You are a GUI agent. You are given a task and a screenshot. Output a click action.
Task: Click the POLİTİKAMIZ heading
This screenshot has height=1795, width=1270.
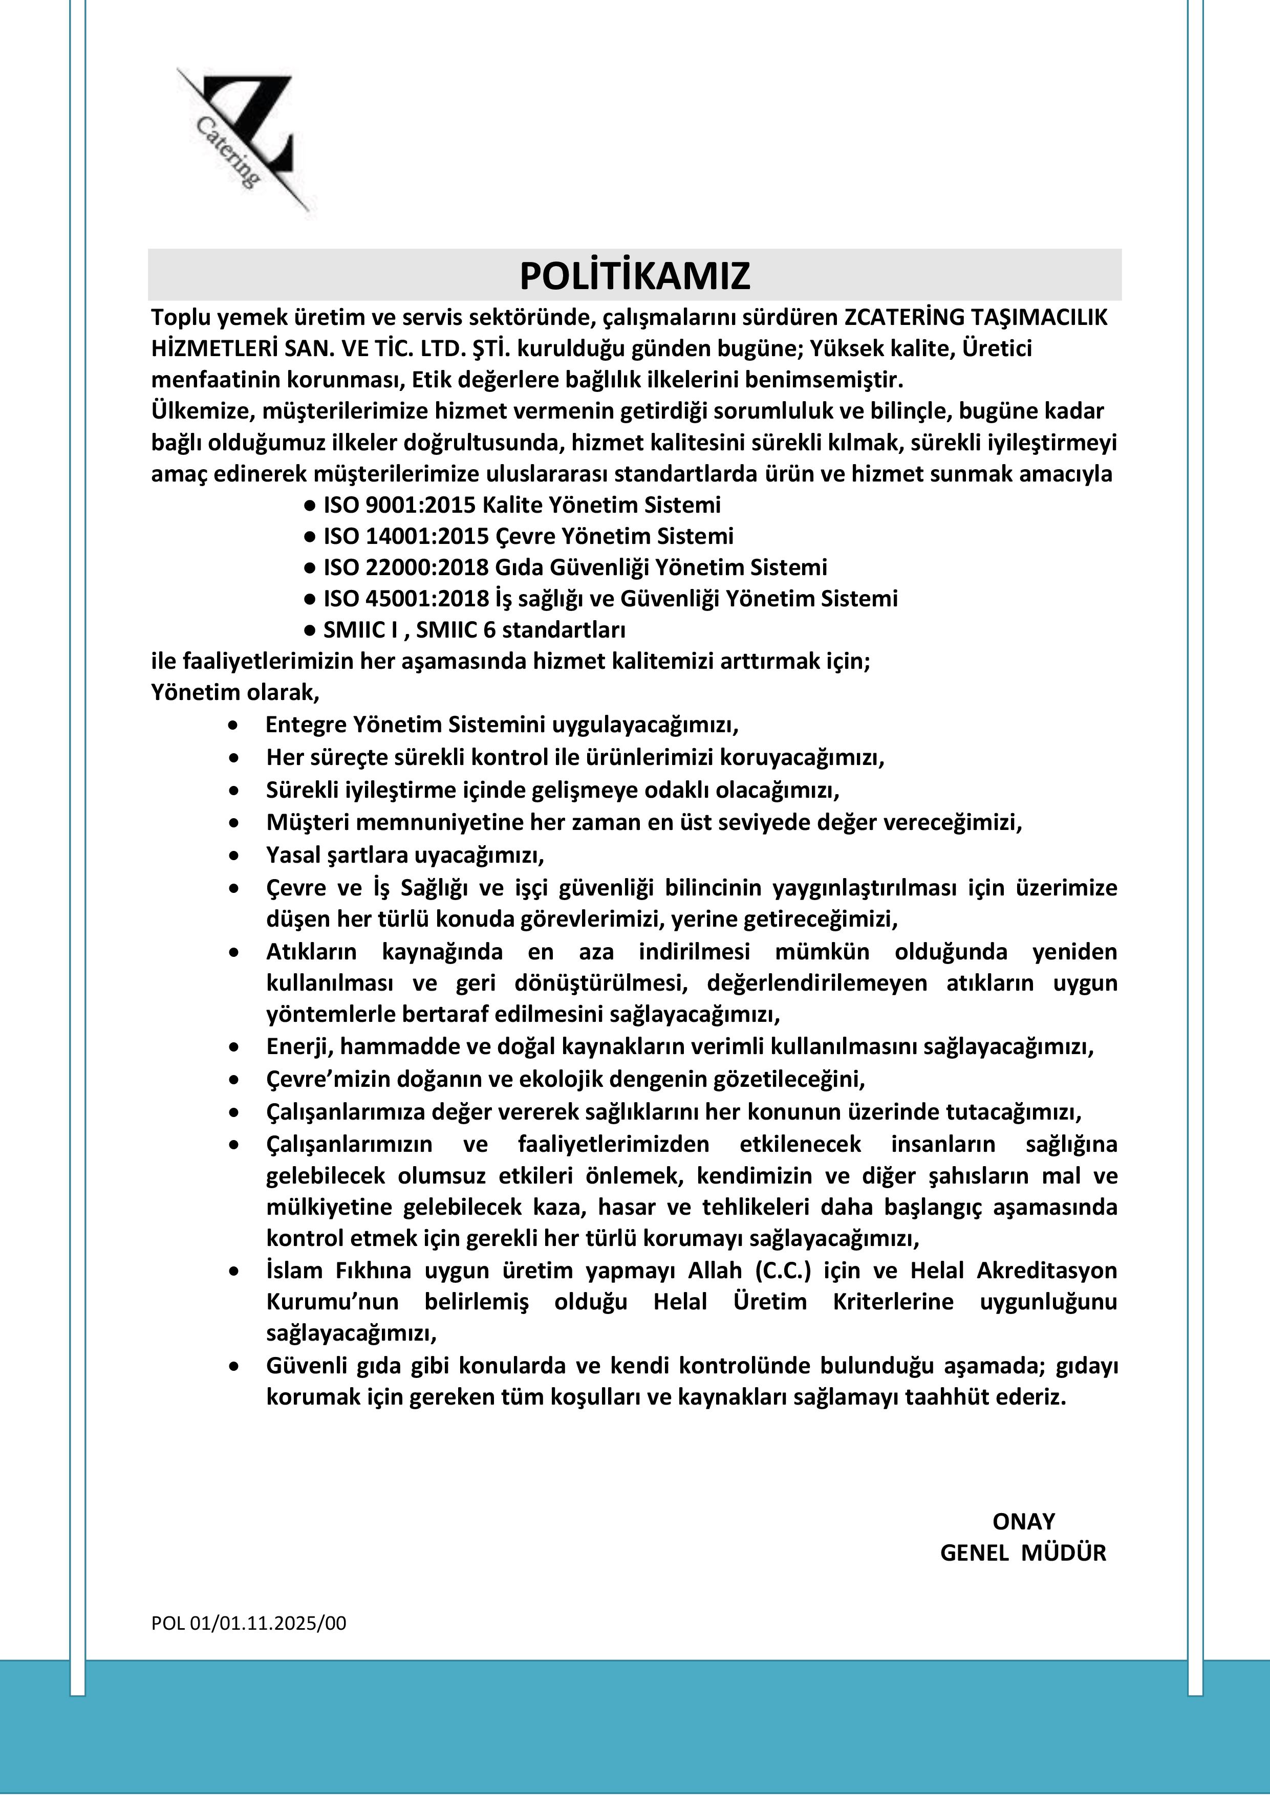pyautogui.click(x=634, y=275)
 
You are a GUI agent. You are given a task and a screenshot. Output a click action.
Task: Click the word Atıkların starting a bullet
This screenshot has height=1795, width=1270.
pyautogui.click(x=311, y=952)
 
